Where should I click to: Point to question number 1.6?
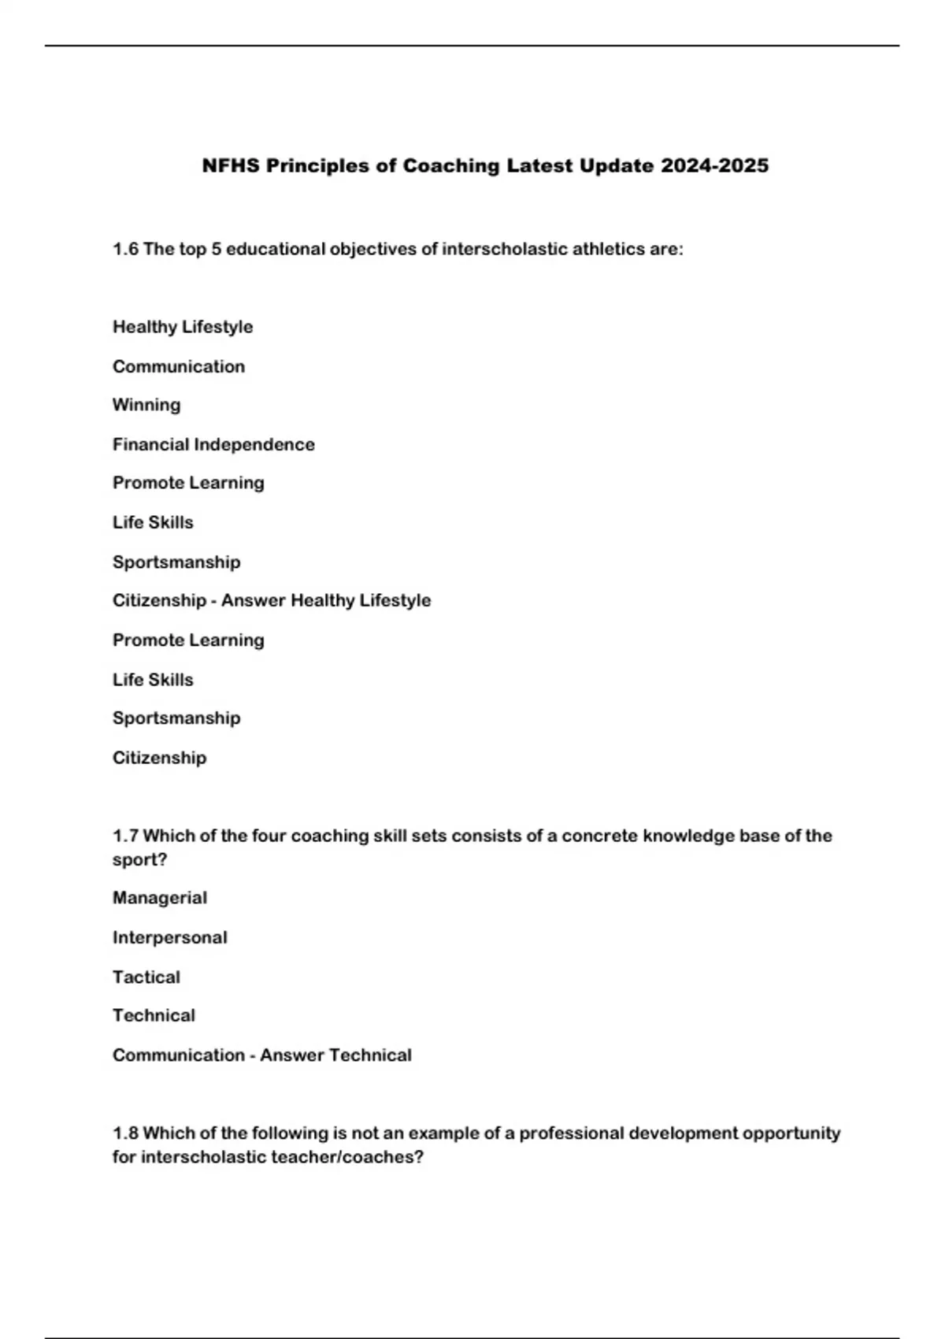point(125,250)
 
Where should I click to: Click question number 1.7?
point(125,836)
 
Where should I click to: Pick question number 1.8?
point(125,1133)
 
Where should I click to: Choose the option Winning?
point(146,405)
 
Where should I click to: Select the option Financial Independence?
point(213,444)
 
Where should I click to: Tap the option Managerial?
point(160,898)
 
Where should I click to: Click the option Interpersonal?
point(169,937)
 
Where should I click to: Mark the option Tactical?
point(146,977)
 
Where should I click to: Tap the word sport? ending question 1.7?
point(139,859)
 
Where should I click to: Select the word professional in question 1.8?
point(571,1133)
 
